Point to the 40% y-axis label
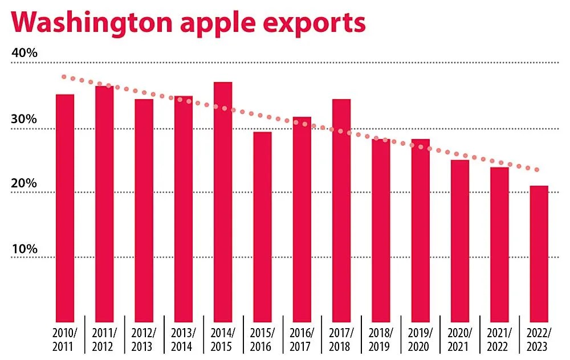(24, 54)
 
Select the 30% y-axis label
(24, 120)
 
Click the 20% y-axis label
(24, 184)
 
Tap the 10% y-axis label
(24, 249)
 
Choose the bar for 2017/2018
(341, 211)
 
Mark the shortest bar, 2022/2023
(539, 253)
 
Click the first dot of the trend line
(64, 77)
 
